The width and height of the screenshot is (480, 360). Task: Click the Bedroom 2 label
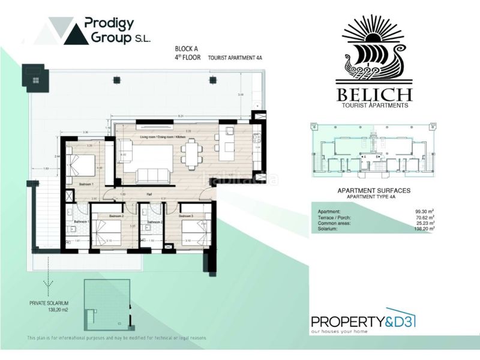[116, 215]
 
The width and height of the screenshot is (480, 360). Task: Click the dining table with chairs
[190, 154]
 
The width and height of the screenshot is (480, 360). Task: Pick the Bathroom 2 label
[154, 222]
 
